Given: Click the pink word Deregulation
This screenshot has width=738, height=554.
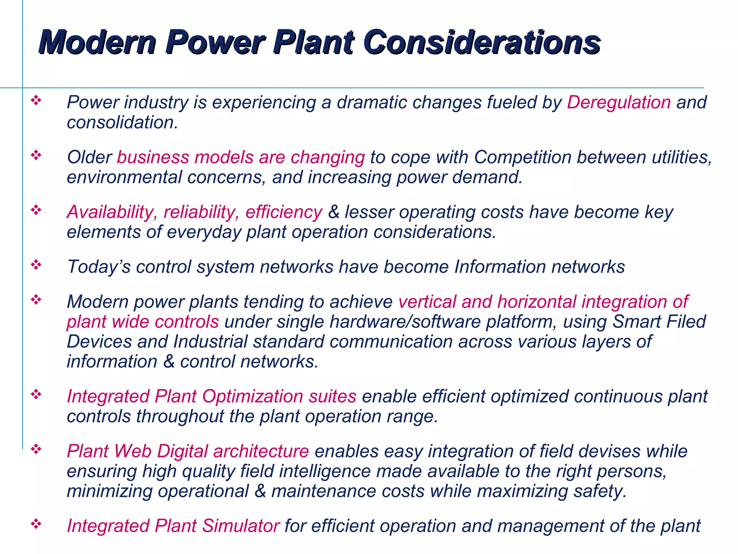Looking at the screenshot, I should (x=619, y=102).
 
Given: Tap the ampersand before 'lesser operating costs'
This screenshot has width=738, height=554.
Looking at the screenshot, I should (x=334, y=212).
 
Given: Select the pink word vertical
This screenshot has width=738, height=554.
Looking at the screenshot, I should (x=427, y=302).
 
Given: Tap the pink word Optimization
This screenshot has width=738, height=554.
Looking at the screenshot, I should (x=252, y=396).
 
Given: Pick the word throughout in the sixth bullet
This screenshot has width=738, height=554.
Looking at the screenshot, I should (x=180, y=417).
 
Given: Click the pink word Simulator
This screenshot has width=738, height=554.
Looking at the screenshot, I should (x=240, y=526).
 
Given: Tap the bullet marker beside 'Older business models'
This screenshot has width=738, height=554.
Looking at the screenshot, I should (x=36, y=156).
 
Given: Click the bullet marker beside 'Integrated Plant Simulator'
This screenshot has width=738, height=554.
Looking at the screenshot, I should (x=36, y=524).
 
